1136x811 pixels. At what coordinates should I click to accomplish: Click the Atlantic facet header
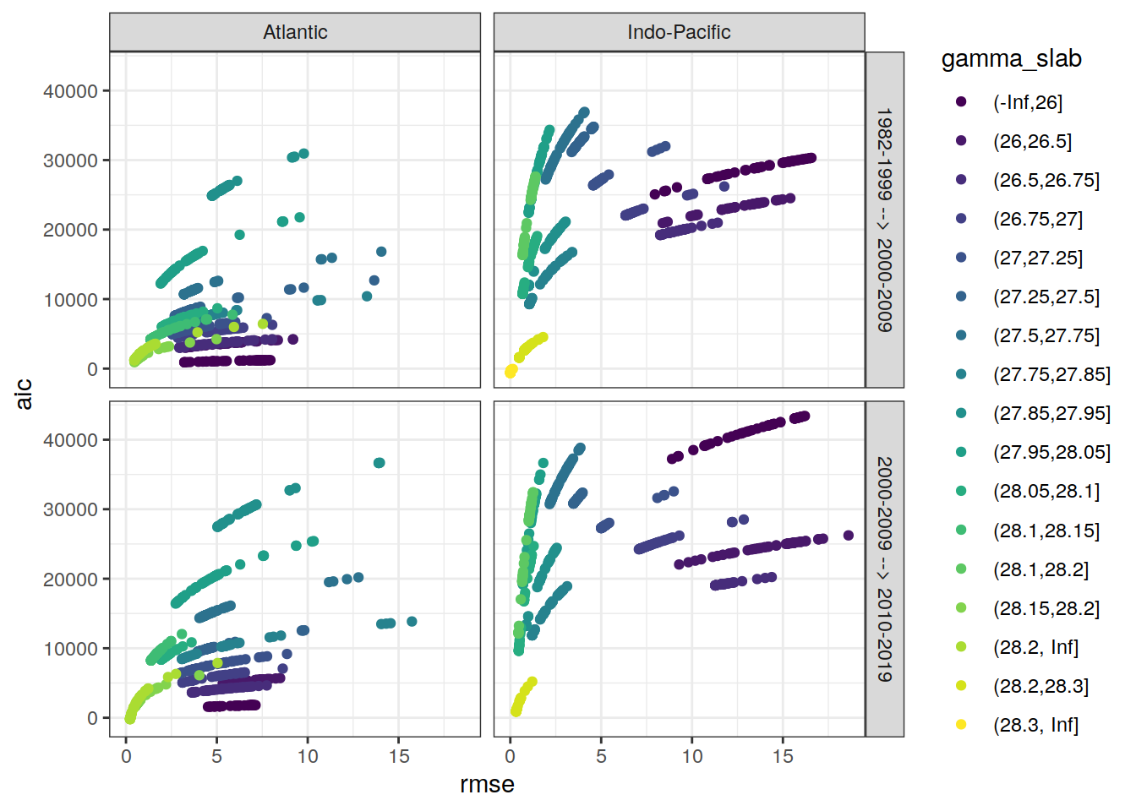(295, 32)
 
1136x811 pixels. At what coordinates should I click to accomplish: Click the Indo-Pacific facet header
(679, 32)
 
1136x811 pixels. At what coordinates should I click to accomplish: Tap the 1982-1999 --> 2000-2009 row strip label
(884, 220)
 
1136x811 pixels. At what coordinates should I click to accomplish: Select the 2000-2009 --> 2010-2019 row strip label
(884, 569)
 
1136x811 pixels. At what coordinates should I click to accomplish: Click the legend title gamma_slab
(1011, 58)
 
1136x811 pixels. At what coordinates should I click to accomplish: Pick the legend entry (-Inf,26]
(1027, 102)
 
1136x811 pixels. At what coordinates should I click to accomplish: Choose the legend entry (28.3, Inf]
(1035, 725)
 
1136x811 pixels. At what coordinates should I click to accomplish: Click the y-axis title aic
(24, 394)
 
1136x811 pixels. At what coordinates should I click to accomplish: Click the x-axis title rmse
(487, 784)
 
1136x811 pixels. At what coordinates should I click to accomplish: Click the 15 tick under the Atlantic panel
(399, 756)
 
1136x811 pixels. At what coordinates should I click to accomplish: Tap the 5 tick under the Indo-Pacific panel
(601, 756)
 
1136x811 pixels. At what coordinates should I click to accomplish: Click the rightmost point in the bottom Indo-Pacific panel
(849, 536)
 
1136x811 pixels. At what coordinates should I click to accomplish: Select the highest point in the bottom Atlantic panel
(380, 463)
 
